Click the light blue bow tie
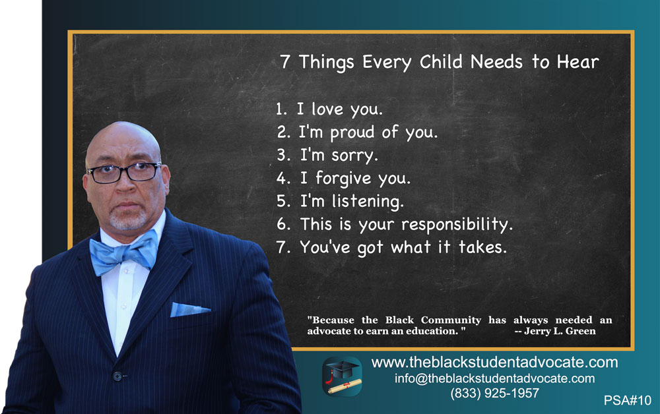(123, 253)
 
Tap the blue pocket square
(189, 310)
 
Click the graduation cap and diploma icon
(342, 377)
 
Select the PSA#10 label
(627, 400)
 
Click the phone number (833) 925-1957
(494, 393)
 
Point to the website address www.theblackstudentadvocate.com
(494, 363)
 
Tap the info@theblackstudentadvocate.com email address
(494, 378)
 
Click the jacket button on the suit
(117, 376)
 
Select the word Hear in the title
(577, 62)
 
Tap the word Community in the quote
(451, 320)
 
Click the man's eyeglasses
(123, 172)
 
